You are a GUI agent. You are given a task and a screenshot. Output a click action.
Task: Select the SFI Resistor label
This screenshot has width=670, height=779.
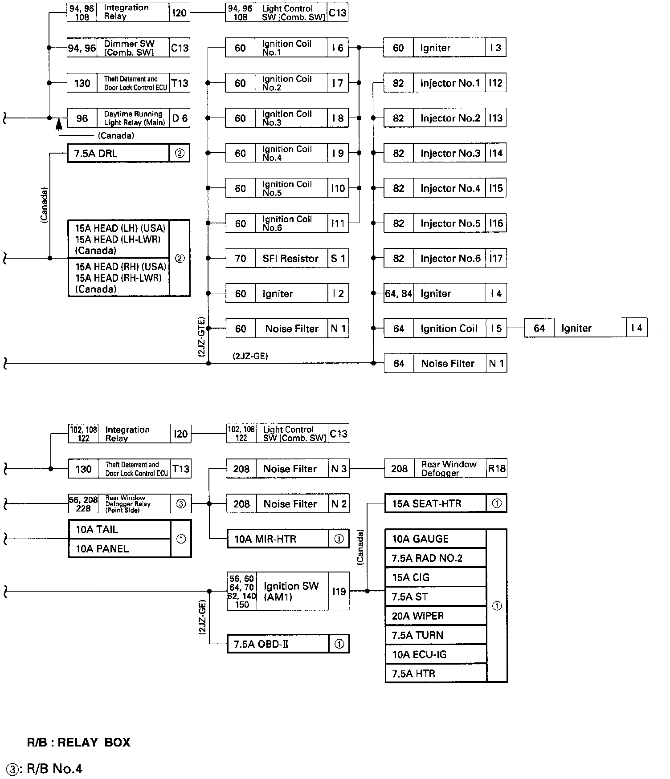290,259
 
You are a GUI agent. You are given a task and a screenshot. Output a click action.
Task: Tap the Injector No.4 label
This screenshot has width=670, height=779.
450,188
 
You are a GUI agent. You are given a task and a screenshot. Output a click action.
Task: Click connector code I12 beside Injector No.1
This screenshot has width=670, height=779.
495,83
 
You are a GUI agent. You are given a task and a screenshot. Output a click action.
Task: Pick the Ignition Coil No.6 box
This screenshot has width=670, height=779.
286,223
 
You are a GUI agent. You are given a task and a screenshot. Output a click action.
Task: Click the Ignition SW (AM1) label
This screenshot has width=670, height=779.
291,592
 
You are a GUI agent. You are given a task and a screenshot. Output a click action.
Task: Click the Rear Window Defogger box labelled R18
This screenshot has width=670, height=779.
445,469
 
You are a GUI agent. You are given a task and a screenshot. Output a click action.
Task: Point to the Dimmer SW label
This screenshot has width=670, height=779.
129,48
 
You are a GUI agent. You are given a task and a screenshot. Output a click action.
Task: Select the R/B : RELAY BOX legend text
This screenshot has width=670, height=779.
78,742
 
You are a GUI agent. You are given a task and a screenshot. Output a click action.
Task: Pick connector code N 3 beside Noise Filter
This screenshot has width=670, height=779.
339,469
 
